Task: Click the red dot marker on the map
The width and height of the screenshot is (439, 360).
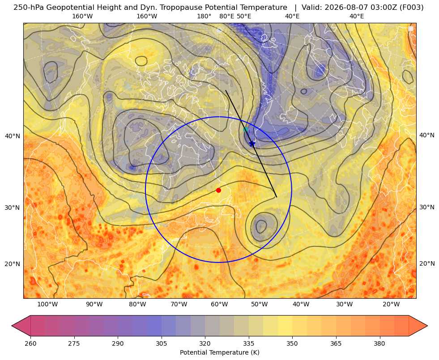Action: (x=219, y=190)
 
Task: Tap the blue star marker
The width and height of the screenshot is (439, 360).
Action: (x=252, y=144)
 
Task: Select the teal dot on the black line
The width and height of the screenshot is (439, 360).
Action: (x=246, y=130)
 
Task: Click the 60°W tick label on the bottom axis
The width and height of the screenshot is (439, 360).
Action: (x=219, y=305)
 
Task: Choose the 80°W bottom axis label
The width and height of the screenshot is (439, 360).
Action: (x=137, y=305)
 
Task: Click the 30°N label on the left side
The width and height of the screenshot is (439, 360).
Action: (x=13, y=208)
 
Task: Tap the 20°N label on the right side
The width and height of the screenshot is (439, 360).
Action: (x=427, y=263)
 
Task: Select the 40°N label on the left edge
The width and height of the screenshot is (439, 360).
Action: (x=13, y=136)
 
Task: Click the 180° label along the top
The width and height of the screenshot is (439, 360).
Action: (x=204, y=16)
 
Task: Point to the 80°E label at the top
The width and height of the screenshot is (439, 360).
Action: (x=227, y=16)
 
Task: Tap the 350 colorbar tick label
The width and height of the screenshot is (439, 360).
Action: (x=292, y=343)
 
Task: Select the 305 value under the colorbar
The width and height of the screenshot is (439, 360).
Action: (x=161, y=343)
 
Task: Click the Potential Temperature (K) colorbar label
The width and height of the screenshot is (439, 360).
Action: (x=219, y=352)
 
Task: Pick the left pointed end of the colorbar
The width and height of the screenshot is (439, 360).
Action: (x=12, y=326)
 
